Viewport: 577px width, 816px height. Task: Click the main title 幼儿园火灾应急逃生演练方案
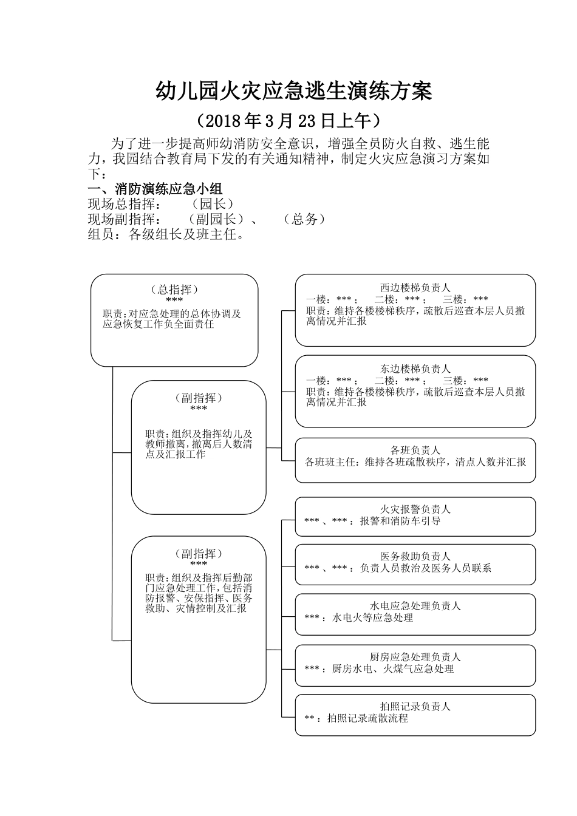coord(294,91)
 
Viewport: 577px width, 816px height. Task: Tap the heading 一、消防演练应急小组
coord(155,188)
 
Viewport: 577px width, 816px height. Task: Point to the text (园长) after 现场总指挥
coord(212,204)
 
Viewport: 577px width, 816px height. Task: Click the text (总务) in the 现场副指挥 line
coord(304,219)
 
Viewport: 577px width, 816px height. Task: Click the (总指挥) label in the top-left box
coord(174,290)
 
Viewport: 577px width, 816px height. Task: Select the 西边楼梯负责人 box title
coord(415,288)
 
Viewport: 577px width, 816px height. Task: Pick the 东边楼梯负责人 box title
coord(415,369)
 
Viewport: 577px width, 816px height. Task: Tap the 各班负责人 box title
coord(415,450)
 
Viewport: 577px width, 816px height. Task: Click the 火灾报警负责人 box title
coord(415,509)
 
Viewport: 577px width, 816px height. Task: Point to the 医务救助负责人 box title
coord(415,556)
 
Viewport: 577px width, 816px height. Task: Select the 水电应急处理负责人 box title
coord(415,606)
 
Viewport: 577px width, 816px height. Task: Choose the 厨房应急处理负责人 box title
coord(415,657)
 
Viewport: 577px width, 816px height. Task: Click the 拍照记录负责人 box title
coord(415,707)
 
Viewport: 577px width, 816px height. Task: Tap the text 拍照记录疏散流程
coord(367,718)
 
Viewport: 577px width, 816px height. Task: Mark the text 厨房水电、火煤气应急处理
coord(393,669)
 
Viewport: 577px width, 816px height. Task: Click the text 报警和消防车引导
coord(400,521)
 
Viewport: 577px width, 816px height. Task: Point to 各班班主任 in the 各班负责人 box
coord(331,462)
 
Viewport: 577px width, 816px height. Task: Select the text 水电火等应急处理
coord(372,618)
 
